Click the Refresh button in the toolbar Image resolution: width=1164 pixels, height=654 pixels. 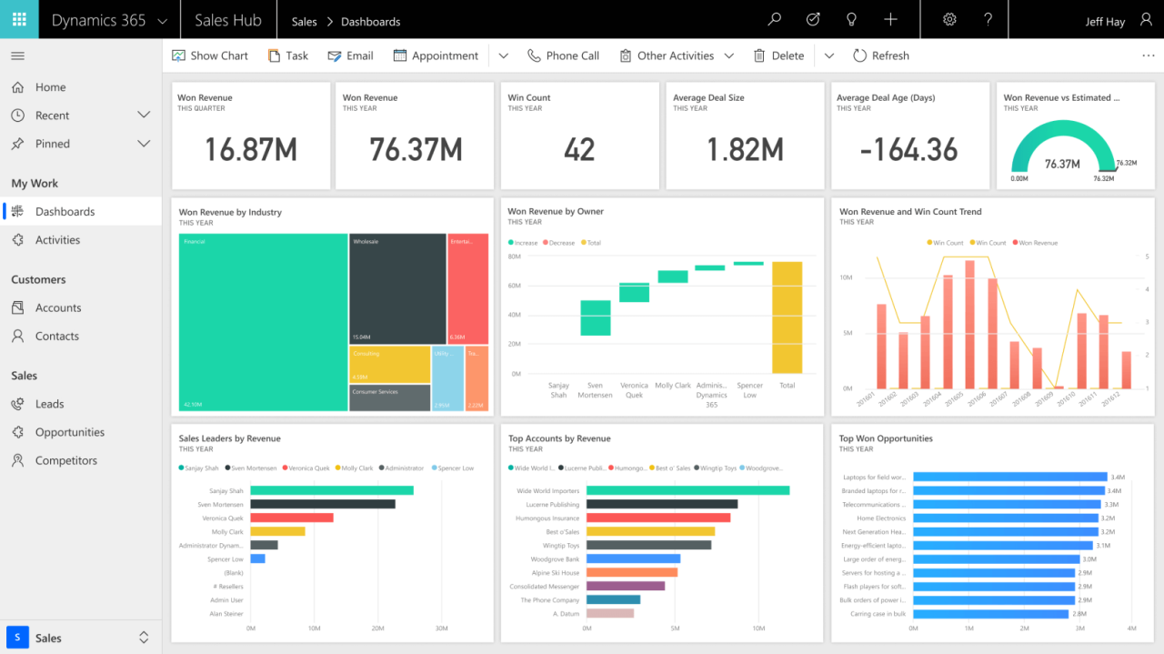pos(880,55)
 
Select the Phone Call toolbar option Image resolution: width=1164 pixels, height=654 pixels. pos(563,55)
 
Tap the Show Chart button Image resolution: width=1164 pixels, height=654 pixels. pos(210,55)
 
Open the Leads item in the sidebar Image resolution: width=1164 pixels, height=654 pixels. pos(49,404)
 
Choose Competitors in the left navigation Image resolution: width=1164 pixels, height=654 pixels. pos(65,460)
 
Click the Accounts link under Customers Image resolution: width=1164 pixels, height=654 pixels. pos(58,307)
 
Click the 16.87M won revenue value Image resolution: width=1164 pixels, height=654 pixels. pos(250,149)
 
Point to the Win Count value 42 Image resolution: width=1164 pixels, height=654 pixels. pos(579,149)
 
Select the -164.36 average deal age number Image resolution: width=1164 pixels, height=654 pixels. pos(909,149)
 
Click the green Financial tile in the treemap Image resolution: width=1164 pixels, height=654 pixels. pos(263,323)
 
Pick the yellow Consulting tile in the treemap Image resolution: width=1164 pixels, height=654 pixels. pos(389,364)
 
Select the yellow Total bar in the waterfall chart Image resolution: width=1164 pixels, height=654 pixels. pos(787,317)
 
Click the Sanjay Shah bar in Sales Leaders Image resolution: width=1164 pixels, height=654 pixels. pos(331,490)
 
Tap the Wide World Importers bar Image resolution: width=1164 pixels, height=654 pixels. pos(687,490)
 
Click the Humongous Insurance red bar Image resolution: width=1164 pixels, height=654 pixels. pos(657,518)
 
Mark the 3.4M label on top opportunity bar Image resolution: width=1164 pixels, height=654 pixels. pos(1118,477)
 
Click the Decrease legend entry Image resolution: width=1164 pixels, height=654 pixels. pos(561,243)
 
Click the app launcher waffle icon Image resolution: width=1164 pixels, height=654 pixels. pos(19,19)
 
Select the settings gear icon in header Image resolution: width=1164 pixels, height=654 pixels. pos(949,19)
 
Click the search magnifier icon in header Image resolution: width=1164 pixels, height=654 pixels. pos(774,19)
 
